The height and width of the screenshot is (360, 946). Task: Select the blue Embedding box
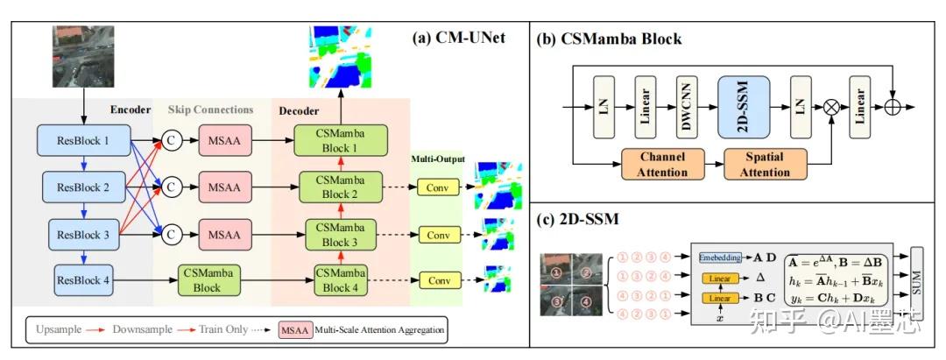[721, 258]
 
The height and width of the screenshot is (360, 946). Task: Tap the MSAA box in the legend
[297, 332]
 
